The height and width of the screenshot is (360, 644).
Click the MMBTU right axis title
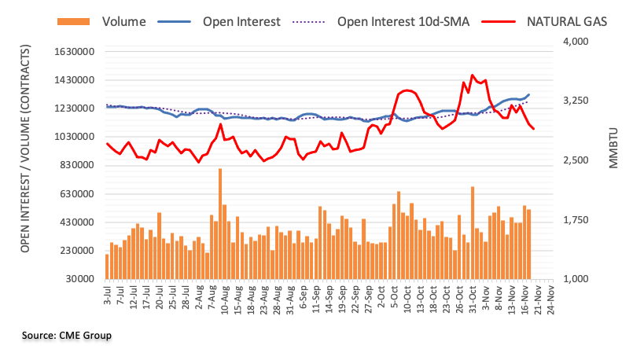click(x=614, y=148)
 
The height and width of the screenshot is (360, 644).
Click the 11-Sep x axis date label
click(x=316, y=298)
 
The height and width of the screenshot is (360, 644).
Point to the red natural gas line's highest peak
click(x=472, y=75)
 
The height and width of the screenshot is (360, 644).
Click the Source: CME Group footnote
click(x=67, y=336)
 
